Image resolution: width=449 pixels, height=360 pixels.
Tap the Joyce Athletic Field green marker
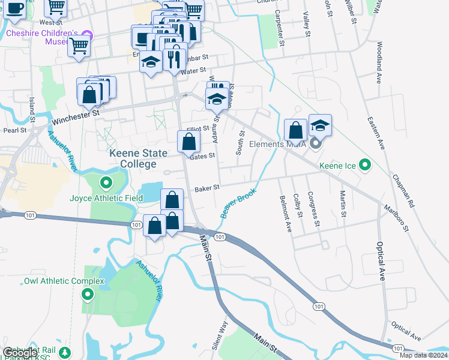(x=106, y=183)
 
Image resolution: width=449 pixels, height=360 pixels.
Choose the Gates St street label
(x=202, y=156)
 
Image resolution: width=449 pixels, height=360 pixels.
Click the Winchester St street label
(x=75, y=116)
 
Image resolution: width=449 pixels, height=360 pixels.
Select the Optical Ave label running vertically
(x=380, y=262)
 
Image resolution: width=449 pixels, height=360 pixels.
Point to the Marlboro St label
(x=397, y=218)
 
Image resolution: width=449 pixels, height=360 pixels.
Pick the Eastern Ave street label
(x=379, y=133)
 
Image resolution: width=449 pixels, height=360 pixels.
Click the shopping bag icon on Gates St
(x=188, y=142)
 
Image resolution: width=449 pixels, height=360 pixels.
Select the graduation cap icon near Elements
(x=321, y=125)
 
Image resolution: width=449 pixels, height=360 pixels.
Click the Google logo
(x=20, y=353)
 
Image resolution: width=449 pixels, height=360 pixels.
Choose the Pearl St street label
(x=16, y=130)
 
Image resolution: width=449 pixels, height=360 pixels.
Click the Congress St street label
(x=312, y=209)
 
